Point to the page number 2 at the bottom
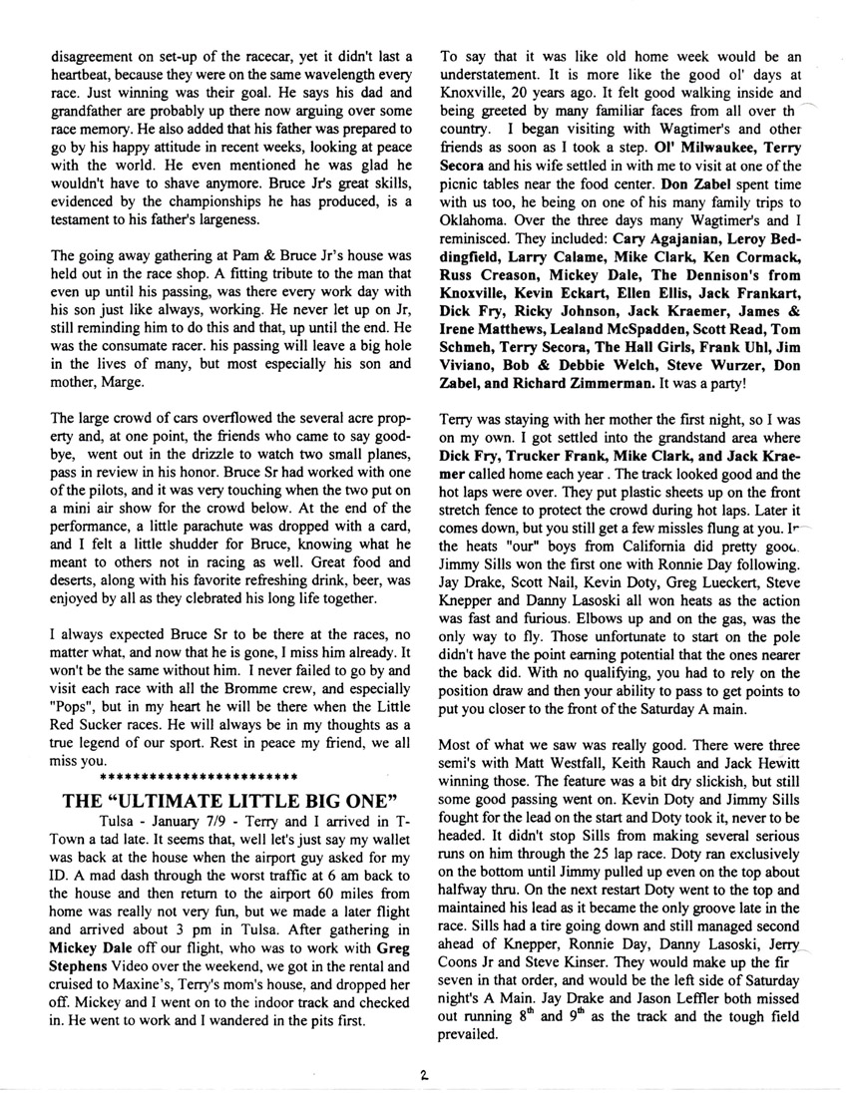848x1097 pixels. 424,1075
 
